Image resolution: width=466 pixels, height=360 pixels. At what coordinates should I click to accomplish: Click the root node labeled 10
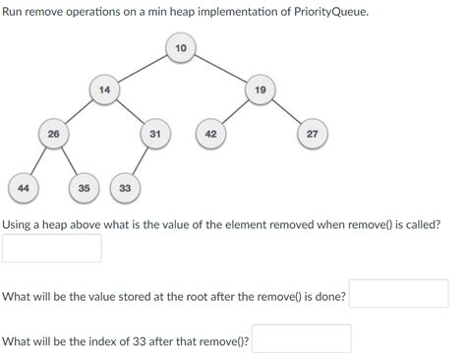coord(180,48)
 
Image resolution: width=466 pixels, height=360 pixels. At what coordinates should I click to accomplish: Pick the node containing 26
coord(53,133)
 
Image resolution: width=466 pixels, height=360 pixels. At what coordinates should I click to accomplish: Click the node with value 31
coord(155,133)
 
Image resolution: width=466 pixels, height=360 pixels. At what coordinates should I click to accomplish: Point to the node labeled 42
coord(210,133)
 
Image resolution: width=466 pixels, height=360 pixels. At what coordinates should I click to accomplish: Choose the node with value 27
coord(312,133)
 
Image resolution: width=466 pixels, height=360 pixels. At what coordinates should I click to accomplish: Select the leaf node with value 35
coord(85,186)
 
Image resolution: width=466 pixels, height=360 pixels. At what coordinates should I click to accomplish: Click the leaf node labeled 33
coord(125,186)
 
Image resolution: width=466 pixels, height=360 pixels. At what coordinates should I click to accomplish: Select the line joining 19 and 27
coord(286,111)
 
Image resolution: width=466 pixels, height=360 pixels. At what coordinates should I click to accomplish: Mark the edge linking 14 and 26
coord(79,111)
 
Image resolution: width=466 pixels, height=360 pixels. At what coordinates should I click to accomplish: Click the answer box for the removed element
coord(52,248)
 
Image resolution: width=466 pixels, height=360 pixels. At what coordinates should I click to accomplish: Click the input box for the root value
coord(399,294)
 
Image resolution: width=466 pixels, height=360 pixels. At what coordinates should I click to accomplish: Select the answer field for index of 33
coord(302,339)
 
